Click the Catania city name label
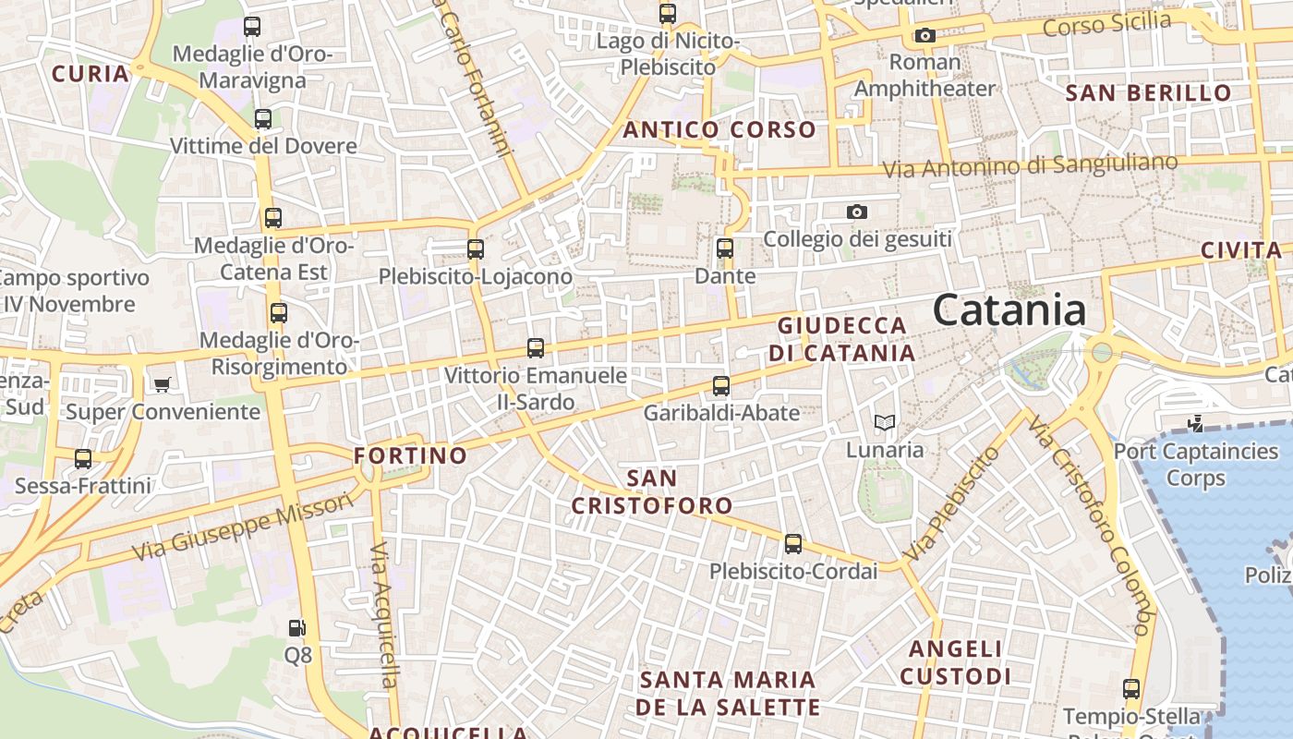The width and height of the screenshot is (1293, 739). coord(1009,309)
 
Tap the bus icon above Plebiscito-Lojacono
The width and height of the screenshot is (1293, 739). coord(476,248)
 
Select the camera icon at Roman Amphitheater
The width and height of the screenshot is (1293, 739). coord(924,36)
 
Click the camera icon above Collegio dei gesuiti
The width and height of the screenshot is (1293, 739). coord(857,212)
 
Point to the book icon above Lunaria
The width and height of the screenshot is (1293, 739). coord(885,423)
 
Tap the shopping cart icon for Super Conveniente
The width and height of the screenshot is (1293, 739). coord(163,384)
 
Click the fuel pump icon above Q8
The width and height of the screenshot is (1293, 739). coord(296,628)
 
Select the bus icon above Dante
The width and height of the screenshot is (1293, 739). coord(725,248)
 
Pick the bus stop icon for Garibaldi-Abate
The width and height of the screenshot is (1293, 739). coord(721,385)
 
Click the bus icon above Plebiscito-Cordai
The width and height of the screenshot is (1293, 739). coord(793,544)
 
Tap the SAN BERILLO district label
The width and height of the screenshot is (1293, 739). coord(1148,93)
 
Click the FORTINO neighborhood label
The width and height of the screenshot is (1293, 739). coord(410,455)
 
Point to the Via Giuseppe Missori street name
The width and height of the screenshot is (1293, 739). coord(243,527)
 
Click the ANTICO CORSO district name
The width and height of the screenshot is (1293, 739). coord(719,130)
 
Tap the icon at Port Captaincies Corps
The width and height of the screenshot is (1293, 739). coord(1196,424)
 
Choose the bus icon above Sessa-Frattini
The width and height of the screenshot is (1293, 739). coord(83,458)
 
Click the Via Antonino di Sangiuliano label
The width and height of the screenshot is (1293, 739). coord(1031,166)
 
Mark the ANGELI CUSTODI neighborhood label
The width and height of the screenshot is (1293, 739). coord(955,662)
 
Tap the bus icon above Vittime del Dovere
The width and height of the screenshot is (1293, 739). coord(263,119)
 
